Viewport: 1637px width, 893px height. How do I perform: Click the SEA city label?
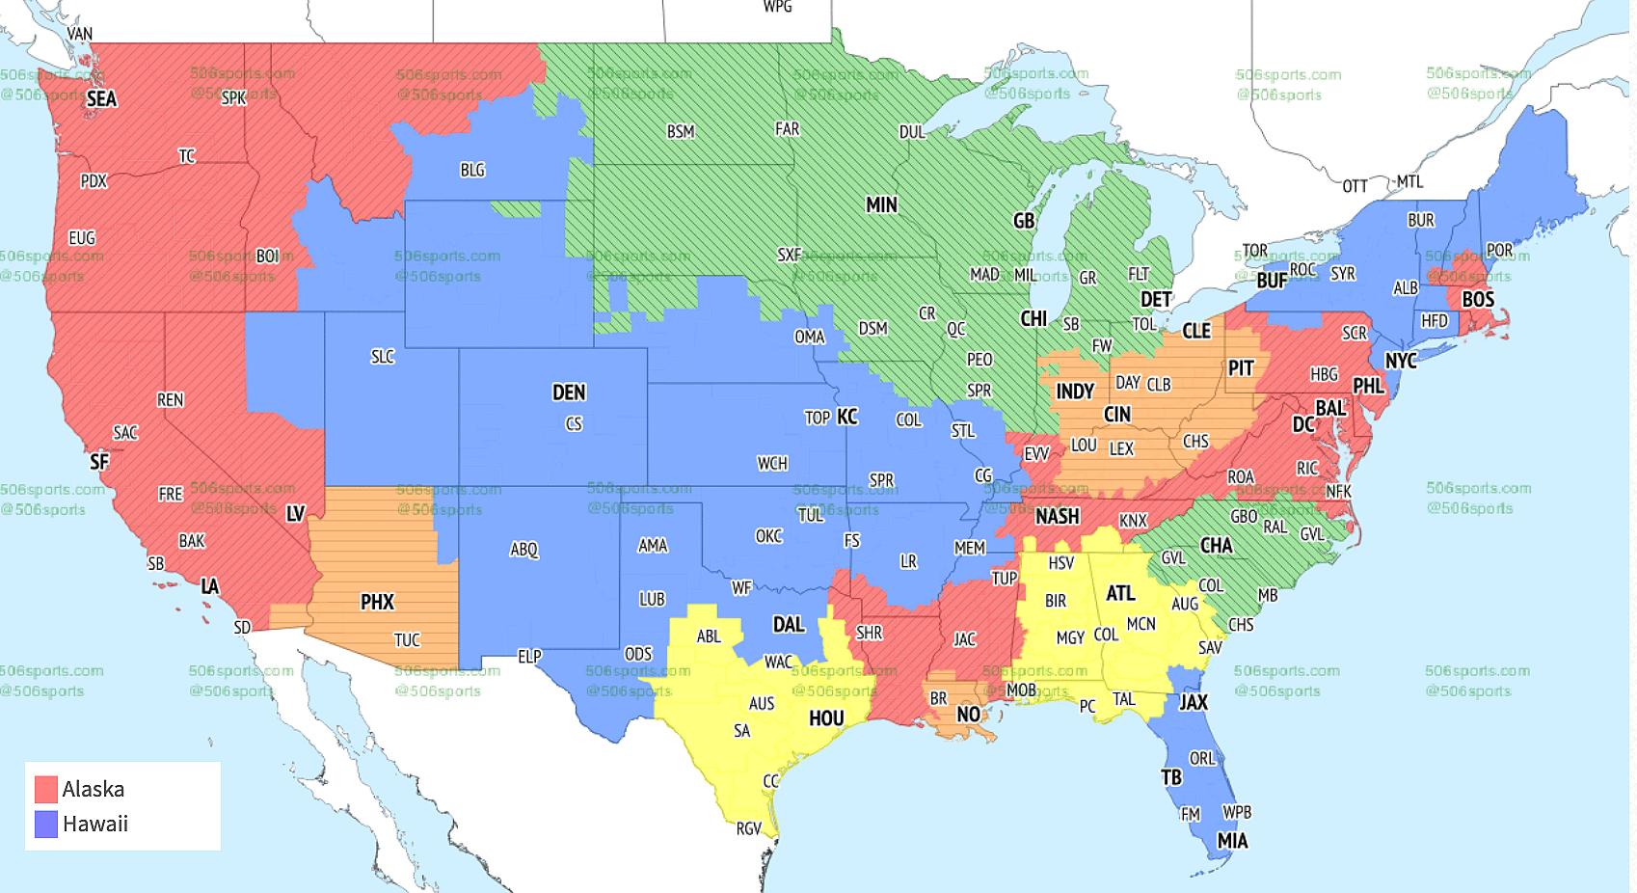point(101,99)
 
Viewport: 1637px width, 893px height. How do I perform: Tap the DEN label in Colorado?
point(569,392)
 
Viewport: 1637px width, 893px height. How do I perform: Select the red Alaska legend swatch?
point(46,789)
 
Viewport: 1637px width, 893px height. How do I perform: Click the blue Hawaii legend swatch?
point(46,824)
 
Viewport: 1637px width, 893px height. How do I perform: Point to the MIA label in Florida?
point(1232,841)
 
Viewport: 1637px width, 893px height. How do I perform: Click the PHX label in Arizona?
point(377,603)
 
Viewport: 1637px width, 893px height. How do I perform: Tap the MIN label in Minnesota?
point(881,205)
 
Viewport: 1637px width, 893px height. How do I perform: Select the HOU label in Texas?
point(826,718)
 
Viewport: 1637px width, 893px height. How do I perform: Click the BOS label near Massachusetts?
point(1478,300)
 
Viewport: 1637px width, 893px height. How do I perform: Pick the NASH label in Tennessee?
point(1058,517)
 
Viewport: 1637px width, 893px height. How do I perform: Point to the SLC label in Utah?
point(383,357)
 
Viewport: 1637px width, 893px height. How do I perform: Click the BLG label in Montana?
point(472,171)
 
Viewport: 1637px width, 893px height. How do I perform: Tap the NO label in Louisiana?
point(968,715)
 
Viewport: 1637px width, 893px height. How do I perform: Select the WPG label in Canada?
point(777,7)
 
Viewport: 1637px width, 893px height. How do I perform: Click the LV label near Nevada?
point(295,514)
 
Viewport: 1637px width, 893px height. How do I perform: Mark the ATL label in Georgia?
point(1120,594)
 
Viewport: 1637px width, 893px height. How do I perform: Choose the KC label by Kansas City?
point(846,417)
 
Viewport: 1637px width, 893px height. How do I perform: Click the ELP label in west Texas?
point(529,657)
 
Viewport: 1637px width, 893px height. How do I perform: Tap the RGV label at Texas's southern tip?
point(748,828)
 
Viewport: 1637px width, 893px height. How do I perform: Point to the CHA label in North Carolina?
point(1216,546)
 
